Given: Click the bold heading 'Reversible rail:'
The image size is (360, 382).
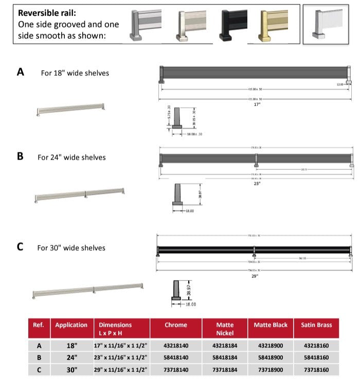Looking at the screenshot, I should pos(48,13).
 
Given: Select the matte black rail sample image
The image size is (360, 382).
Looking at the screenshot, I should pos(233,24).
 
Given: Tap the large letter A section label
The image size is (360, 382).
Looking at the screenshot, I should pos(21,73).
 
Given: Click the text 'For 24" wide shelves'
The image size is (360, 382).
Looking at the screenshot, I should pos(71,157).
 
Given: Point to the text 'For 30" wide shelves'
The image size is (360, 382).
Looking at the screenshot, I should pos(71,248).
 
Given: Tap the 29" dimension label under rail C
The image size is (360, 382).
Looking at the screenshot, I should pos(255,276).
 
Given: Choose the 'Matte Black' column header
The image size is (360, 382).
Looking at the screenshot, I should pos(271,325).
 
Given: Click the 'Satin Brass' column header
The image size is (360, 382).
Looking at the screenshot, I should pos(316,325).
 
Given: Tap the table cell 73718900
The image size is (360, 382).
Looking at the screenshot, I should pos(271,370).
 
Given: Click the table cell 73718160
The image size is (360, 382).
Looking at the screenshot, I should pos(316,370).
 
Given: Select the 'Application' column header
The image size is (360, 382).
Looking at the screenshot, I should pos(71,325).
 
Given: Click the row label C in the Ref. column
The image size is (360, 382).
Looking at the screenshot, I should pos(39,370).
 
